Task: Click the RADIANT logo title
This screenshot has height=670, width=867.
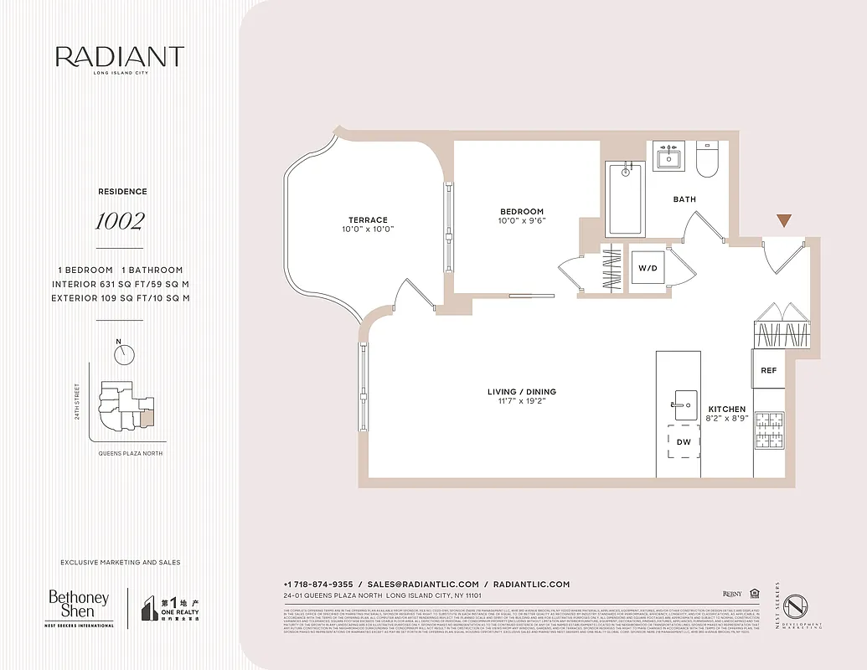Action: point(119,57)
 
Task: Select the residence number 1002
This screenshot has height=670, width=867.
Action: point(119,222)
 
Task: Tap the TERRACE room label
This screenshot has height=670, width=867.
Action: point(368,220)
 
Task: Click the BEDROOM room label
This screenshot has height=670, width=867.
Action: point(522,212)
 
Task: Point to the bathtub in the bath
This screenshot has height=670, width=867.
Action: point(625,199)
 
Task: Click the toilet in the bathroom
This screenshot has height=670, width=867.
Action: point(708,159)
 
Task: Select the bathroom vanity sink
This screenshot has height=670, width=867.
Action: point(669,157)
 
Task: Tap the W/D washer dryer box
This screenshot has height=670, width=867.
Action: point(648,269)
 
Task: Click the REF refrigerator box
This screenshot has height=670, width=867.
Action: point(768,370)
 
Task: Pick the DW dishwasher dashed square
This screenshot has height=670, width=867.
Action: point(684,441)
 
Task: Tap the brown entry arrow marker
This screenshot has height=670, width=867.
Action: point(783,221)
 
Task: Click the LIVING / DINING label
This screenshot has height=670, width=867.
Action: point(522,392)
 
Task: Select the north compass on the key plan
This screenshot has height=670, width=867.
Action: point(125,353)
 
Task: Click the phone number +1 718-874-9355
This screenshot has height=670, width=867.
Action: point(318,585)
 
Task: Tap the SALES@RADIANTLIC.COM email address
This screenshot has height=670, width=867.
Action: point(423,585)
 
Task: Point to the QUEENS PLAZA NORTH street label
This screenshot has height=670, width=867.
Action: point(130,453)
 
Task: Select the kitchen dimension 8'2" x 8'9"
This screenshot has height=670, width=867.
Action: point(727,418)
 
